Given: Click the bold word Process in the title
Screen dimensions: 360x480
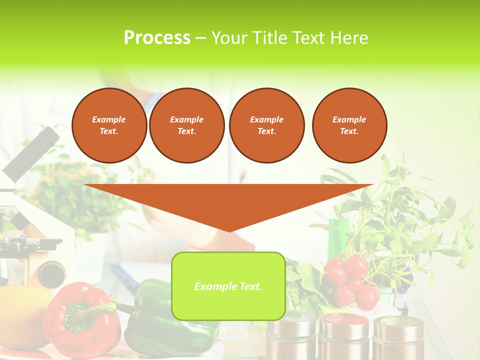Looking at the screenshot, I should [x=157, y=38].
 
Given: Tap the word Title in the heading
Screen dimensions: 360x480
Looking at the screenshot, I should [x=268, y=38].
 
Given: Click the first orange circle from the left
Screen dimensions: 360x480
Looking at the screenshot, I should [x=109, y=125].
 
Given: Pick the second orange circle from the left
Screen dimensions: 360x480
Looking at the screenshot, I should [x=187, y=125].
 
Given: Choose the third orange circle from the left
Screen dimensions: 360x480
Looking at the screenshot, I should [x=267, y=125].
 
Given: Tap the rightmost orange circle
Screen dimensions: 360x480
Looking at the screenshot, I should [x=349, y=125].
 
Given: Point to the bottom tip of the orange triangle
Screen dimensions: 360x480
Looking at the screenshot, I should [x=229, y=231].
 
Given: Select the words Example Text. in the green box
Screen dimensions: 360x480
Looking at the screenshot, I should [x=228, y=286].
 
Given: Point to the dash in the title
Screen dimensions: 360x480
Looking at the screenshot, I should [x=201, y=38].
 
